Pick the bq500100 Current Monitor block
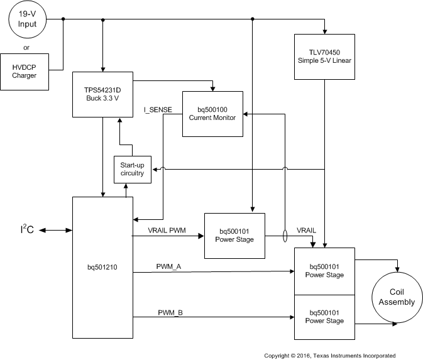click(213, 114)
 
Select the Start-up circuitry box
click(132, 169)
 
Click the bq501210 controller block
click(101, 266)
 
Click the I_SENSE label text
click(158, 110)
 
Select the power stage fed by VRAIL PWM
click(236, 235)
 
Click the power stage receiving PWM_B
click(325, 317)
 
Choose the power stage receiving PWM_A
click(325, 271)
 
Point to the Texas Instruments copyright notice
click(329, 355)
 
